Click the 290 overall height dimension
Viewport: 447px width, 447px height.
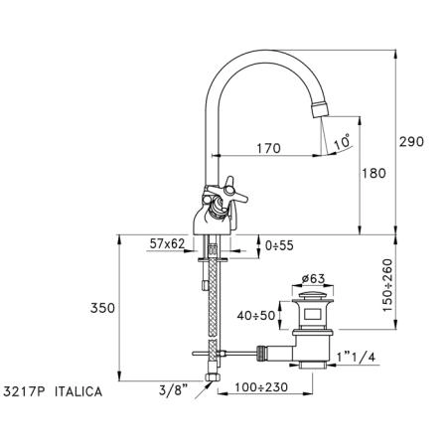(411, 142)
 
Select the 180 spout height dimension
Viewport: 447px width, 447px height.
(373, 173)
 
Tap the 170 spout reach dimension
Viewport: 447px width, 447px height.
(268, 148)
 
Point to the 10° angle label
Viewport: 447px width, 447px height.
(342, 141)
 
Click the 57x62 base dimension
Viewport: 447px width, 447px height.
(167, 244)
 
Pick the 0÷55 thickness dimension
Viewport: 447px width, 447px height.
(279, 245)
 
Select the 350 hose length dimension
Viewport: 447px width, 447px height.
(102, 308)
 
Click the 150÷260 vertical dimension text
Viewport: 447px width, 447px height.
(387, 285)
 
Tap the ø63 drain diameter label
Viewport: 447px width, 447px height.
(313, 279)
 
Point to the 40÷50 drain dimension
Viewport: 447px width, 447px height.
(256, 316)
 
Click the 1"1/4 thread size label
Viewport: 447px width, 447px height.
(357, 358)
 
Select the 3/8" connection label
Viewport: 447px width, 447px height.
(173, 390)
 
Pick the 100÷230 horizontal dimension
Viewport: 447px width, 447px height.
(261, 386)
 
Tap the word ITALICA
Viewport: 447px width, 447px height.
(78, 392)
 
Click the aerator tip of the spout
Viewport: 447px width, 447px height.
(321, 109)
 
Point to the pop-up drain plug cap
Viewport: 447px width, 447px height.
(313, 296)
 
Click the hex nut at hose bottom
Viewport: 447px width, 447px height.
(211, 377)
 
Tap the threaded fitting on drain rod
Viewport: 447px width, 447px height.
(262, 352)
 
